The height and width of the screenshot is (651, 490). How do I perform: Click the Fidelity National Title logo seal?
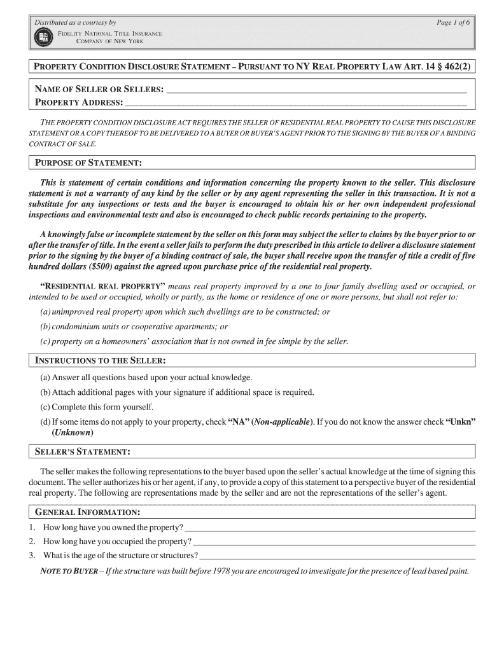click(x=43, y=37)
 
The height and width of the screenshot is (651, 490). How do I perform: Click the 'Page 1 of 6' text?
click(x=452, y=22)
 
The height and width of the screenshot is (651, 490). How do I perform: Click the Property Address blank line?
click(x=296, y=103)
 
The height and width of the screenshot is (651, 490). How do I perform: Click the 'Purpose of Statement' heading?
click(x=87, y=163)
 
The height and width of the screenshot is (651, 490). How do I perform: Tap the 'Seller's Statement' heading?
click(x=83, y=451)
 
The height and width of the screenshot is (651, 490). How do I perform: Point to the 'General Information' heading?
click(x=87, y=512)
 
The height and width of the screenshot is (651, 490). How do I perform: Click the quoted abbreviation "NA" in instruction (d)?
click(x=238, y=422)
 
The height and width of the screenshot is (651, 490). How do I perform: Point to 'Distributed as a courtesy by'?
click(x=74, y=22)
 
